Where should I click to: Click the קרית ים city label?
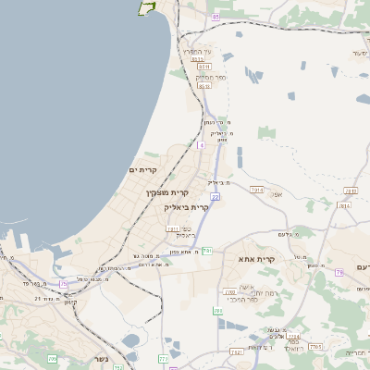pyautogui.click(x=146, y=169)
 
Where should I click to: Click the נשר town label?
pyautogui.click(x=100, y=359)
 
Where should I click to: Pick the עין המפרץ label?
pyautogui.click(x=198, y=52)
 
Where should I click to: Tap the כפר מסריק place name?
pyautogui.click(x=211, y=77)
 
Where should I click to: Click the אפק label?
pyautogui.click(x=276, y=194)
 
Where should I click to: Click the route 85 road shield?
pyautogui.click(x=216, y=17)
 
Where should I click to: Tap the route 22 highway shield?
pyautogui.click(x=214, y=196)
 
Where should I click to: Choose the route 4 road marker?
pyautogui.click(x=201, y=144)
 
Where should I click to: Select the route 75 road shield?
pyautogui.click(x=63, y=283)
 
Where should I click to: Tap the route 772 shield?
pyautogui.click(x=165, y=359)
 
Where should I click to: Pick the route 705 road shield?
pyautogui.click(x=53, y=359)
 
